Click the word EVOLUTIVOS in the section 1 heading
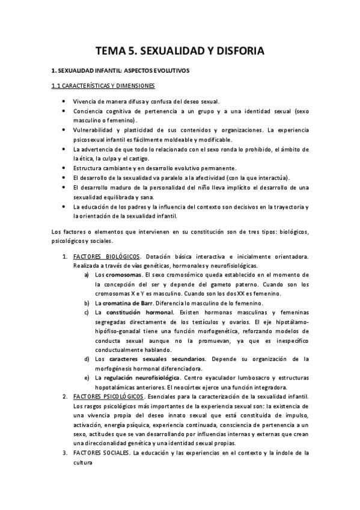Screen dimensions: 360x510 (x=168, y=71)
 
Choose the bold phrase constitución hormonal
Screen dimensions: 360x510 (x=139, y=312)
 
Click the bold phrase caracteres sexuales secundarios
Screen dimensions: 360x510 (x=158, y=359)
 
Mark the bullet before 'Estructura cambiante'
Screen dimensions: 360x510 (x=64, y=167)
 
